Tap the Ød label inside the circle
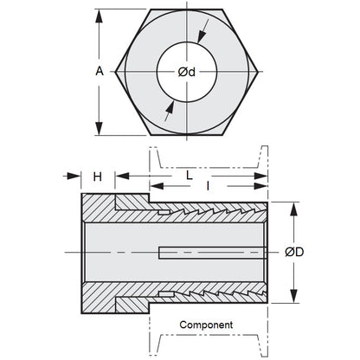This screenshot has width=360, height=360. (x=180, y=73)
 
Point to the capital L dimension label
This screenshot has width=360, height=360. (x=189, y=175)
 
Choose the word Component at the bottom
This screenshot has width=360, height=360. (x=208, y=325)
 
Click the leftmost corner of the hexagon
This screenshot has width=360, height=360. (x=114, y=73)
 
